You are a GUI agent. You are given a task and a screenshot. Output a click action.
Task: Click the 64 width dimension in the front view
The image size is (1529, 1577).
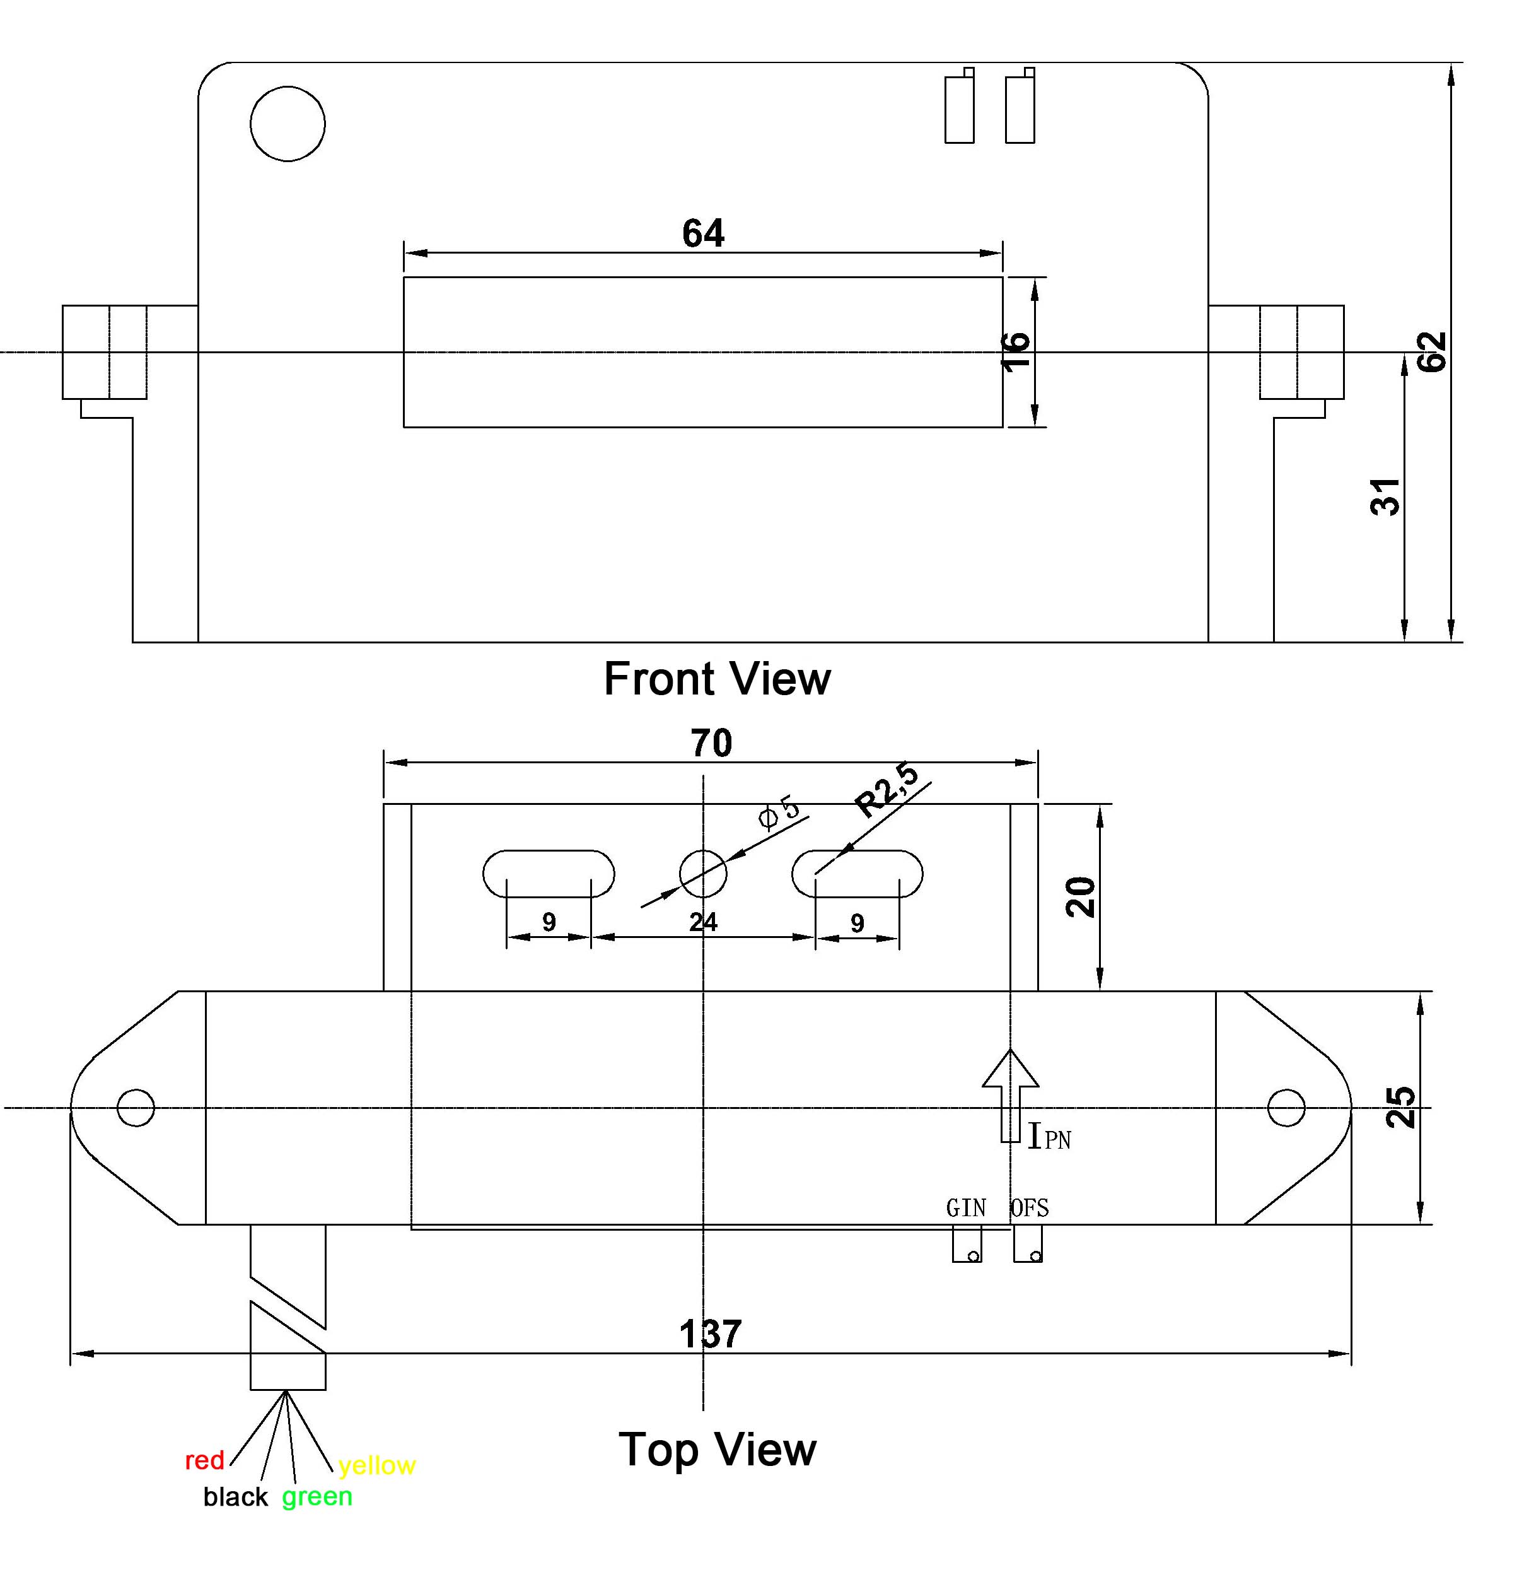[703, 233]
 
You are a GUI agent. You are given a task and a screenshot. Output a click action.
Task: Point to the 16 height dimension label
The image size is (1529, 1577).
[1016, 351]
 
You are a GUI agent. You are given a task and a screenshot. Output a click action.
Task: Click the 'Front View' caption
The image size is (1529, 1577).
[717, 679]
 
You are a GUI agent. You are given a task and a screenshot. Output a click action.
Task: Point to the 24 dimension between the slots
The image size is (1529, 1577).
[703, 922]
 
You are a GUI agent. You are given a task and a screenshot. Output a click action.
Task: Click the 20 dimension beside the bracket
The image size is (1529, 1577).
[1081, 897]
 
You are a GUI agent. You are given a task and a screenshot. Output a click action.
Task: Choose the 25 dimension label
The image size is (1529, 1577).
[1400, 1107]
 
